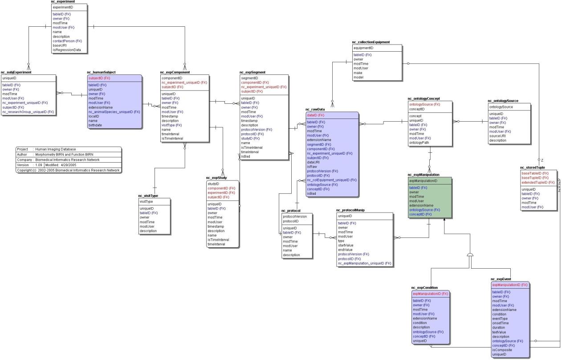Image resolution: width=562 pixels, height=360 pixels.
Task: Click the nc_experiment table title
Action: [x=63, y=2]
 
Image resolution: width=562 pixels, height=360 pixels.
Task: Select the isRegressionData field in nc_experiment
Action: [x=67, y=50]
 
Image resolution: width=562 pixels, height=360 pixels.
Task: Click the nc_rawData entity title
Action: [x=315, y=109]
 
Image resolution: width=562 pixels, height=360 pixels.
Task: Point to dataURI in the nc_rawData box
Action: [x=314, y=162]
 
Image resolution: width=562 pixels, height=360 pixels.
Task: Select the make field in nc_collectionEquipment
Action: [x=358, y=73]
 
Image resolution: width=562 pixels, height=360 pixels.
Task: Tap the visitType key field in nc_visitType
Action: [x=146, y=201]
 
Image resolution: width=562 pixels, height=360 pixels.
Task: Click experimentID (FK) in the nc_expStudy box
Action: [x=221, y=193]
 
